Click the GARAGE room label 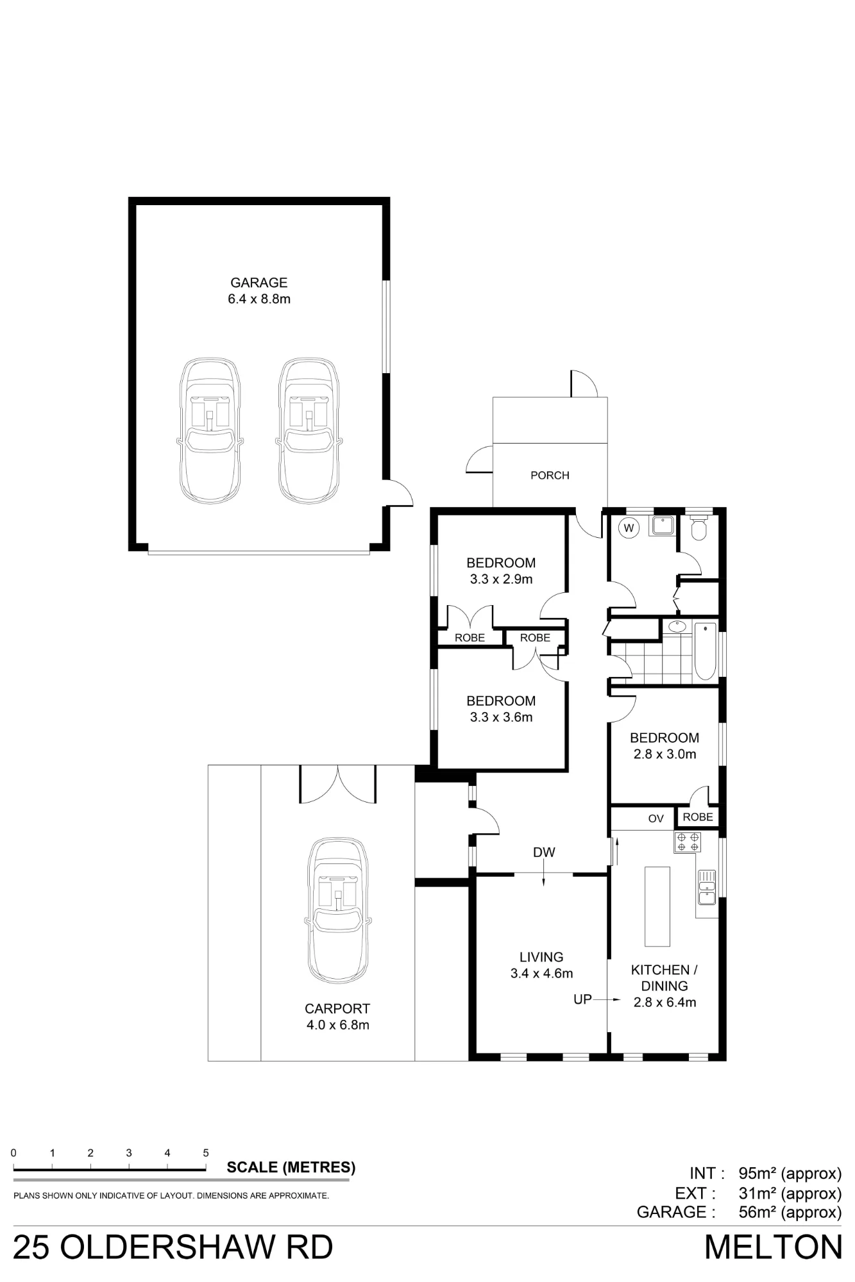(x=259, y=283)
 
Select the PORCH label (x=550, y=476)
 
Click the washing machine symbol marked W (x=629, y=528)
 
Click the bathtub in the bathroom (x=705, y=651)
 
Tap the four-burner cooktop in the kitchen (x=688, y=842)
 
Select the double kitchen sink (x=706, y=887)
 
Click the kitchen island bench (x=657, y=906)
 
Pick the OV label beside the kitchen (x=656, y=819)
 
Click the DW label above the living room (x=544, y=853)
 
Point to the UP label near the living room (x=582, y=999)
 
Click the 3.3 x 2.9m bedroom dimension (x=501, y=579)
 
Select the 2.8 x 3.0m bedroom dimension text (x=665, y=754)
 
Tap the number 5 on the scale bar (x=206, y=1153)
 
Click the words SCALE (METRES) (x=291, y=1167)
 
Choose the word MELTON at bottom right (x=773, y=1247)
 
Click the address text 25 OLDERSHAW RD (x=173, y=1247)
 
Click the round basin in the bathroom (x=677, y=626)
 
